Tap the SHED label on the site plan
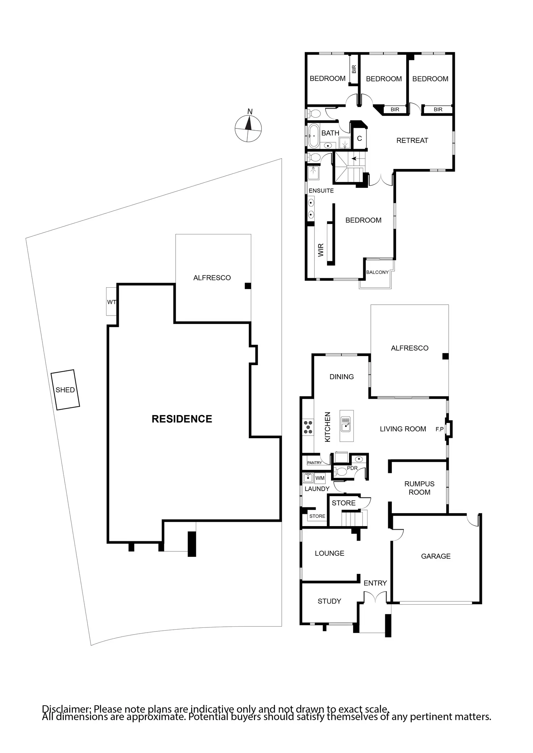65,390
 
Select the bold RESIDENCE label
182,419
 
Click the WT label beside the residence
112,302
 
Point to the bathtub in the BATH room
314,136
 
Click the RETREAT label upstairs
412,140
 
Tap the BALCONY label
377,272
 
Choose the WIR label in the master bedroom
321,250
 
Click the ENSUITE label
321,191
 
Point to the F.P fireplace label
440,430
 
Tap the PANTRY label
314,463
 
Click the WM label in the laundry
320,478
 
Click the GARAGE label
436,556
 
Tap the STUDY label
329,601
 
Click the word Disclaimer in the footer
67,709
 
